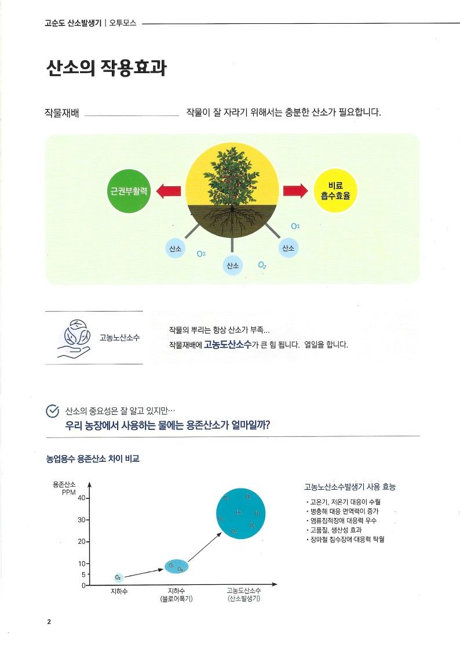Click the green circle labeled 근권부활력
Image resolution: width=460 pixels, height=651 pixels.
[x=129, y=191]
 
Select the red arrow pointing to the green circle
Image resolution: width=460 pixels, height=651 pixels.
[x=169, y=191]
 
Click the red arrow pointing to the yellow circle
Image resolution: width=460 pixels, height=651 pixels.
[x=295, y=191]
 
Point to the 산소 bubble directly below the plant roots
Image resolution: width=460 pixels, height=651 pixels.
[x=232, y=266]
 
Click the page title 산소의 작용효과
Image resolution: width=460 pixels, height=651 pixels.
[x=106, y=68]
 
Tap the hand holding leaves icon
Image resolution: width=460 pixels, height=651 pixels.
[x=74, y=337]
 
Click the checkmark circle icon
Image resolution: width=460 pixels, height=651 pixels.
[x=53, y=411]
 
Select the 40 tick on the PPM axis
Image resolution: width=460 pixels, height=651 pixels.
[x=86, y=498]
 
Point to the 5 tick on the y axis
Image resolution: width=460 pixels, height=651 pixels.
[x=86, y=574]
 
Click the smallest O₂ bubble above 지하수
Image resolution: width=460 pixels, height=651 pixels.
[x=118, y=577]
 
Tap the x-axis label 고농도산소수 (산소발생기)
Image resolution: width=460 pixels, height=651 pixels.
[x=243, y=595]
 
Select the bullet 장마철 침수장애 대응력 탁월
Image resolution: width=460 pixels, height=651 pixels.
[x=346, y=540]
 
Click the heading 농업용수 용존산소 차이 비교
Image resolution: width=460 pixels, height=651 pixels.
[x=93, y=459]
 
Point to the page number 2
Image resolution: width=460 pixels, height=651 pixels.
[x=49, y=622]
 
